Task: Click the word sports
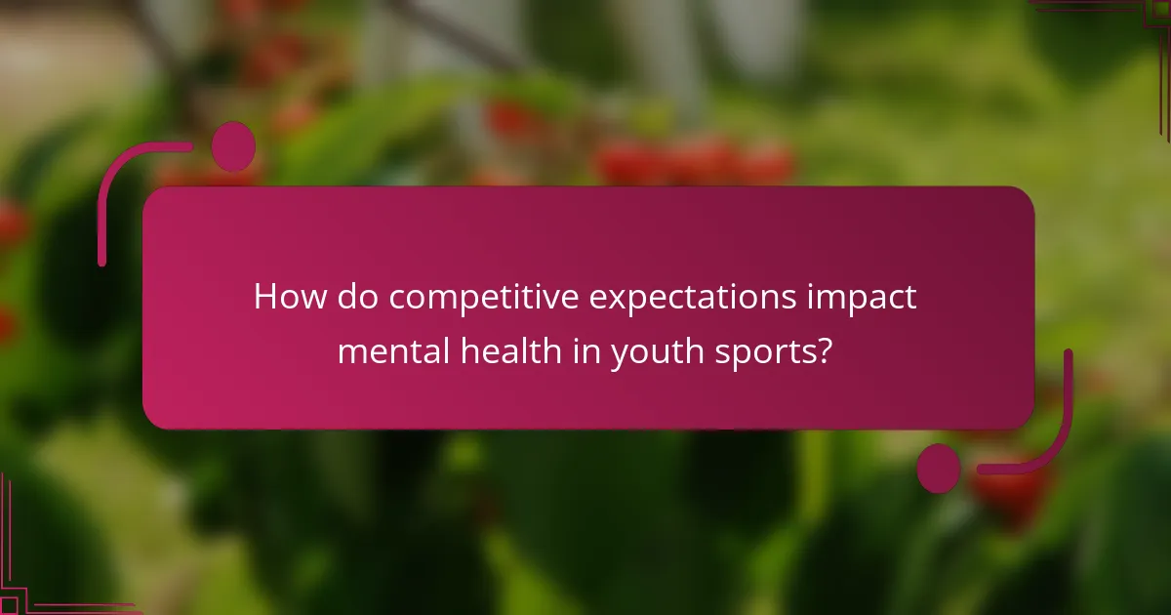[766, 351]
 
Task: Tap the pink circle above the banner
[233, 147]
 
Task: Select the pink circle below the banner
[939, 469]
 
